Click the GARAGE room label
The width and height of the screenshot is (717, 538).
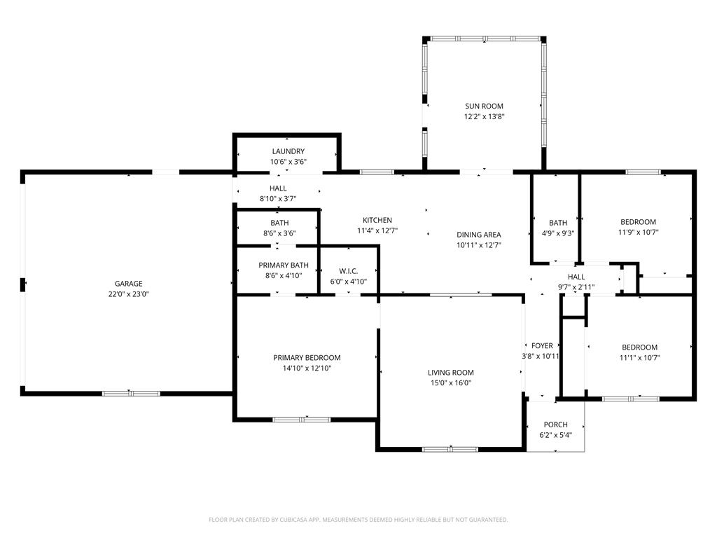129,284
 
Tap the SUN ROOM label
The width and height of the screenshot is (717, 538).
485,106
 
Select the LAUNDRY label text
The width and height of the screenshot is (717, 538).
288,151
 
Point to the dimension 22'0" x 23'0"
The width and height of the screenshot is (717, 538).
129,294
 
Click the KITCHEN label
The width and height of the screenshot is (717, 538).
377,220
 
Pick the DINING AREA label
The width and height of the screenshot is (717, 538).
479,235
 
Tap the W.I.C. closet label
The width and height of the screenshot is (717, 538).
349,271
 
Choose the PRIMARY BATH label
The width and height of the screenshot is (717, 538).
284,265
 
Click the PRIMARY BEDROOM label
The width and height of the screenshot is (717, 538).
307,358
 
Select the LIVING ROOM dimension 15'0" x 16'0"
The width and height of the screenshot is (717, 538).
451,383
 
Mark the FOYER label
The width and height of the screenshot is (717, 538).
543,346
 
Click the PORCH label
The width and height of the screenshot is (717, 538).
555,425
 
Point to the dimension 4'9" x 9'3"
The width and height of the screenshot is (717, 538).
558,233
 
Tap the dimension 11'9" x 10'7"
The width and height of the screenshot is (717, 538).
639,232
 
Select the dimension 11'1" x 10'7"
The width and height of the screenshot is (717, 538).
640,358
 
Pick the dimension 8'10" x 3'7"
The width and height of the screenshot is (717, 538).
278,199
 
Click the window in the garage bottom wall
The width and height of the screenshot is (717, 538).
131,394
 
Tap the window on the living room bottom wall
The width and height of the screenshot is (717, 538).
450,449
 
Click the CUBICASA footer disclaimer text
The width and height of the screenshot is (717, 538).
358,520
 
